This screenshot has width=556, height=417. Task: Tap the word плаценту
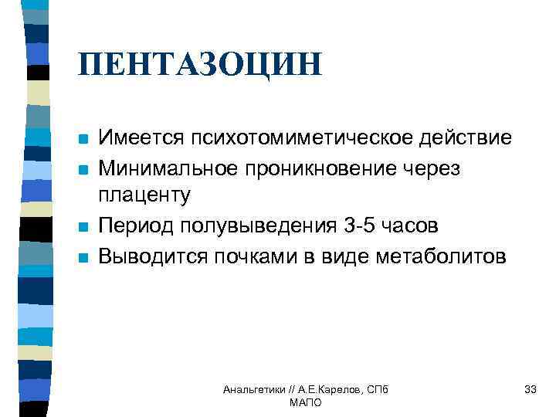pos(144,197)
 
